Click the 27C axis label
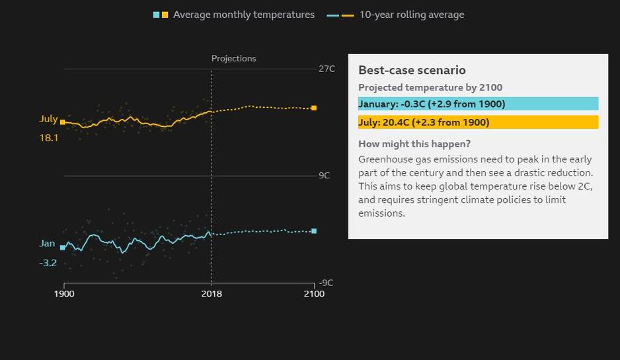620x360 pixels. coord(327,69)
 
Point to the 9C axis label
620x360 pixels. coord(324,176)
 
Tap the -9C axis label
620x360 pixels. coord(327,283)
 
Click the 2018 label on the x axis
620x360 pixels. coord(212,293)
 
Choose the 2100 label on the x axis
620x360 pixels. coord(314,293)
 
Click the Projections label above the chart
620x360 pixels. coord(234,59)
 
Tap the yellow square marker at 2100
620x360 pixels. coord(314,108)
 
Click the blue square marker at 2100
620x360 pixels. coord(314,231)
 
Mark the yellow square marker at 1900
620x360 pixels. coord(63,122)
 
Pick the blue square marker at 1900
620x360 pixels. coord(63,248)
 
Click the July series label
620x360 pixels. coord(49,119)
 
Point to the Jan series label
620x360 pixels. coord(47,244)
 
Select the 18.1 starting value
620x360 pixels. coord(49,138)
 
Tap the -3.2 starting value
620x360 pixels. coord(48,263)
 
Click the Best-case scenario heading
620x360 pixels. coord(412,70)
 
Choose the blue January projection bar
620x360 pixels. coord(478,104)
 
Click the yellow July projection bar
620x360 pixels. coord(478,122)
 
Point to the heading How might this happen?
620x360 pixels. coord(414,144)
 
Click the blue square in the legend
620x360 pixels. coord(156,15)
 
